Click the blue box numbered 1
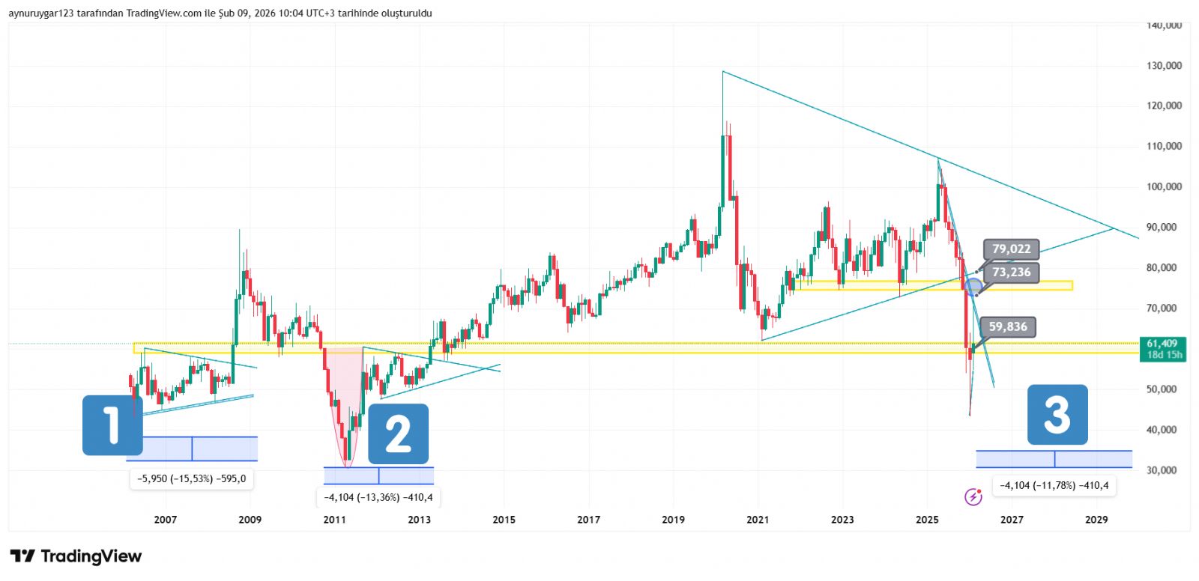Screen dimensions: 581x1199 click(x=112, y=425)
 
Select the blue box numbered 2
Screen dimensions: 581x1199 click(x=398, y=434)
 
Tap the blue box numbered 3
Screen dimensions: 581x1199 click(x=1057, y=415)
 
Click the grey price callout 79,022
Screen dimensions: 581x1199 click(x=1011, y=249)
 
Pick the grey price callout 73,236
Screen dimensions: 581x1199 click(x=1011, y=273)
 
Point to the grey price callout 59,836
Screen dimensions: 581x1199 click(x=1007, y=327)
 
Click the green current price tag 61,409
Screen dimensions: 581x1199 click(x=1161, y=349)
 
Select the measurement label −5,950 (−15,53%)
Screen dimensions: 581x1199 click(x=192, y=478)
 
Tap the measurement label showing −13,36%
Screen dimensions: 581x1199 click(x=378, y=497)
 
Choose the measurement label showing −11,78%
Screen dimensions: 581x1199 click(x=1054, y=485)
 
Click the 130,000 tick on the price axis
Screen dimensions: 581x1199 click(x=1164, y=66)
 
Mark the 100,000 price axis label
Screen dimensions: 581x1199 click(x=1164, y=186)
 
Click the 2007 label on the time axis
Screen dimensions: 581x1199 click(x=165, y=520)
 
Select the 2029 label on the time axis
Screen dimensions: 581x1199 click(x=1096, y=520)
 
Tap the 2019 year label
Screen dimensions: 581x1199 click(x=673, y=520)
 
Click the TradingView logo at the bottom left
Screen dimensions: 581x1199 click(x=76, y=556)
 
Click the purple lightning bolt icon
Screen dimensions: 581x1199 click(x=973, y=496)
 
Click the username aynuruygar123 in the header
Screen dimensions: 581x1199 click(x=41, y=13)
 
